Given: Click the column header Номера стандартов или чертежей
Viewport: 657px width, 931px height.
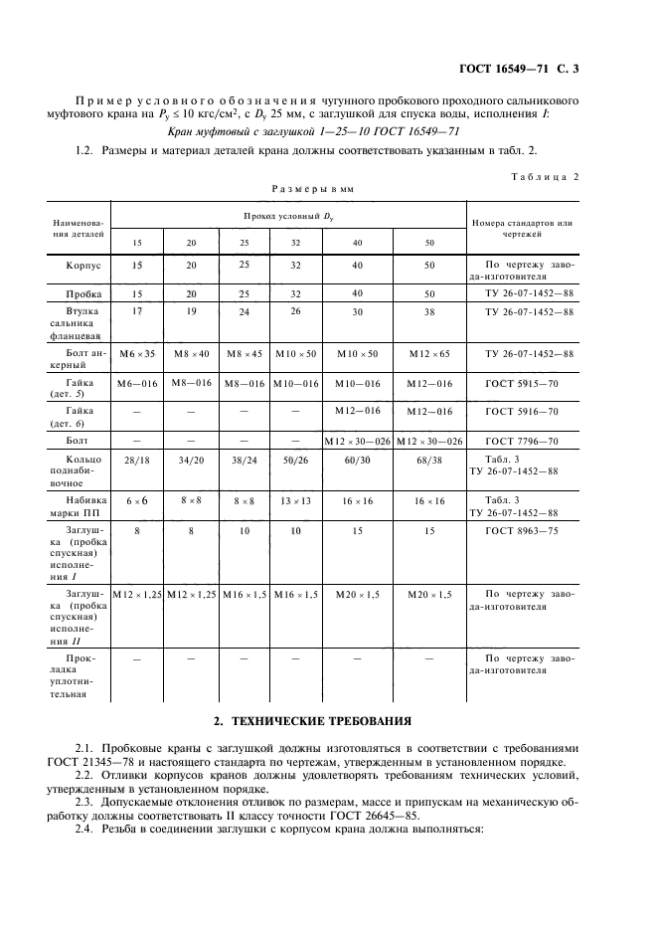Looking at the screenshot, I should pos(522,229).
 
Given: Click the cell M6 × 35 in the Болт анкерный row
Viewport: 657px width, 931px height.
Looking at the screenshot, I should pos(137,355).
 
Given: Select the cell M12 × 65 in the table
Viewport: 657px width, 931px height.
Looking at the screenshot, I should pos(429,355).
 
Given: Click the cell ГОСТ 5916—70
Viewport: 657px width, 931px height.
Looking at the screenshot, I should pos(522,411).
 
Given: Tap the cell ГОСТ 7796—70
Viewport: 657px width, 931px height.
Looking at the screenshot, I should pos(522,440).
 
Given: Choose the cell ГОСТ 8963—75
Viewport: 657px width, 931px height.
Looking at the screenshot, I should pos(522,531).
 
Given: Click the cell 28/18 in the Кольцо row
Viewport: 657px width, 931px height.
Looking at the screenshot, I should pos(137,461).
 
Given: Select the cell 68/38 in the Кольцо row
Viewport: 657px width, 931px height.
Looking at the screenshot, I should pos(429,461).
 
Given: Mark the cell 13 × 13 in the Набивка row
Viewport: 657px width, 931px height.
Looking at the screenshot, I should pos(295,501).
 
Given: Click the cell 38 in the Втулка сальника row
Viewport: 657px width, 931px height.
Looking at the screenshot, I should pos(429,311).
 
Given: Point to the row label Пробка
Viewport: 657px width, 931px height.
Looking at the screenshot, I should pos(83,295).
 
